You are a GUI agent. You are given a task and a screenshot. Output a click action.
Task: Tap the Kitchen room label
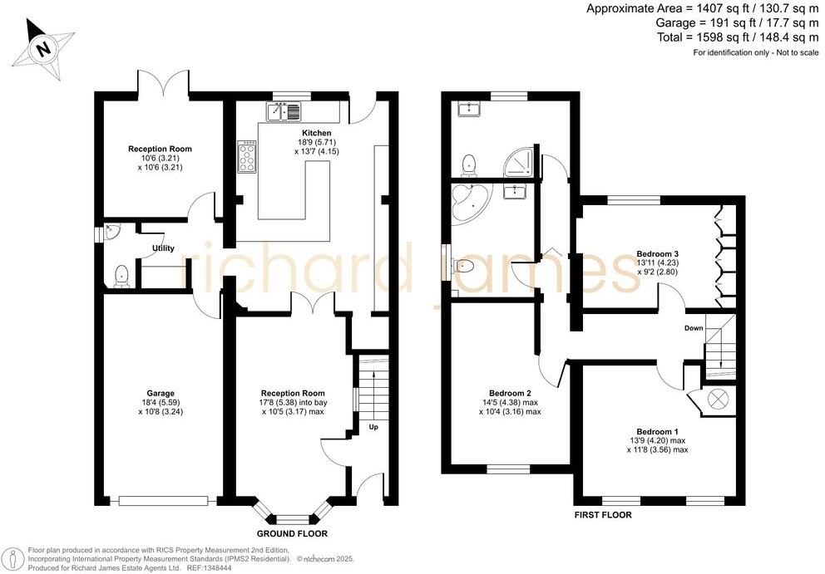click(316, 133)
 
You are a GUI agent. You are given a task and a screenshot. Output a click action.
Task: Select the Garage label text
click(161, 393)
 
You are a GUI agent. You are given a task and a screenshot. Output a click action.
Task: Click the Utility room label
click(162, 248)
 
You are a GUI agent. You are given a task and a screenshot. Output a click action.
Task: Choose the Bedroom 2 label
click(510, 393)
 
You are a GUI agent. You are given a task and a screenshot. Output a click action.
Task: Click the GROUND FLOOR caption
click(291, 533)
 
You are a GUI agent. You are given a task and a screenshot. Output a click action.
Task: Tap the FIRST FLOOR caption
click(602, 515)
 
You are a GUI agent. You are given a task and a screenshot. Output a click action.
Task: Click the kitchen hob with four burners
click(247, 156)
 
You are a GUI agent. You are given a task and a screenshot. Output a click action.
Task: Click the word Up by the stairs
click(373, 428)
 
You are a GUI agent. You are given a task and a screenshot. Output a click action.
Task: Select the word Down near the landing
click(694, 328)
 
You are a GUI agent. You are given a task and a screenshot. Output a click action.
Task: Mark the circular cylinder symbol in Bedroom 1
click(717, 400)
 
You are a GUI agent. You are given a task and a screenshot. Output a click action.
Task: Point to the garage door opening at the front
click(161, 501)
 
